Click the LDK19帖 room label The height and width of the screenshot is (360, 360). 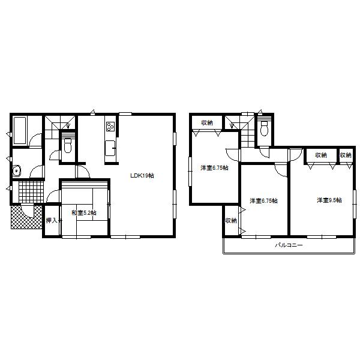tap(143, 176)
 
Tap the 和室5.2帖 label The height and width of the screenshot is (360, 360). tap(84, 212)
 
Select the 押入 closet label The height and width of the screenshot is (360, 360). tap(52, 221)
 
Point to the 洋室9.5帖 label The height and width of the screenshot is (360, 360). tap(329, 200)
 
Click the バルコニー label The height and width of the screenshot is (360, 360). tap(289, 245)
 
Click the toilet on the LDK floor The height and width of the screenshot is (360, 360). tap(68, 145)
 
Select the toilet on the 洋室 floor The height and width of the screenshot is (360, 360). tap(263, 128)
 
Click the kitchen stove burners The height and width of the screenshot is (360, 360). tap(110, 127)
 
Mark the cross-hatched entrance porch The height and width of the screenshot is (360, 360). tap(21, 217)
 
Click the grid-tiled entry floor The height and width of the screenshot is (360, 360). tap(29, 192)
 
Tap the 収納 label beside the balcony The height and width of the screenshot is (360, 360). tap(230, 221)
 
